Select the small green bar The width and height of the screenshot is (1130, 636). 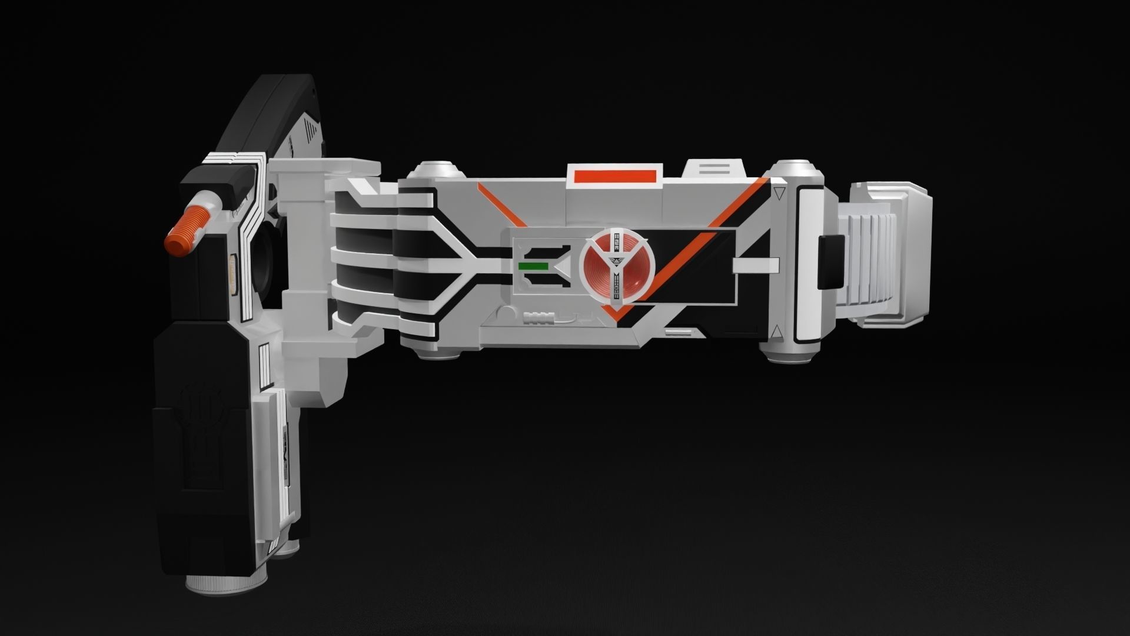click(533, 266)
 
